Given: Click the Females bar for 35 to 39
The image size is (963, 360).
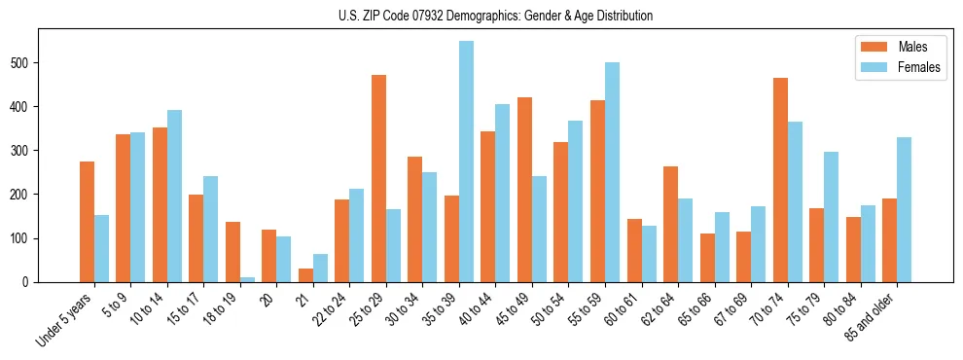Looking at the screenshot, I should coord(467,162).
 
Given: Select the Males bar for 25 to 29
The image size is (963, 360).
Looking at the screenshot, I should coord(379,178).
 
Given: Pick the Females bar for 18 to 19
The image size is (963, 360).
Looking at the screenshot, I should coord(248,279).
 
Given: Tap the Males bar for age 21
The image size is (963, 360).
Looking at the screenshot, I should coord(306,275).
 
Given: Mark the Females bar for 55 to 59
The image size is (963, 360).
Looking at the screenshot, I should coord(613,172).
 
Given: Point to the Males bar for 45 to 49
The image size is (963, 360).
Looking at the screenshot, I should coord(525,190).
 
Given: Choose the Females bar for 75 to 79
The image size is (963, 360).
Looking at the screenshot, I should coord(832,217).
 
